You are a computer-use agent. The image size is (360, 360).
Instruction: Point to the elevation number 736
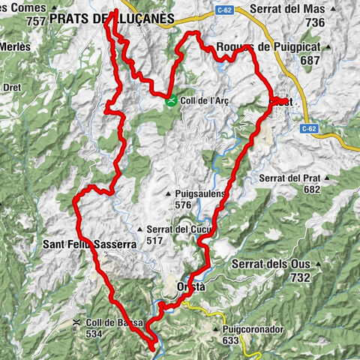[315, 23]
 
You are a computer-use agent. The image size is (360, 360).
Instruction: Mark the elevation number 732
[300, 277]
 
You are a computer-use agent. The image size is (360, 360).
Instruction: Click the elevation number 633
[230, 340]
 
